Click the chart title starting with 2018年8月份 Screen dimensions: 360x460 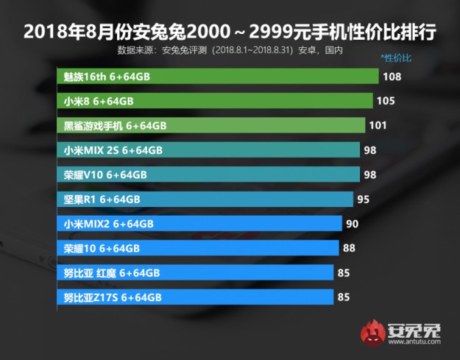click(230, 32)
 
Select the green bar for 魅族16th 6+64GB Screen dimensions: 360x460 click(218, 76)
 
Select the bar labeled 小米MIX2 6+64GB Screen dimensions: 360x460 click(199, 224)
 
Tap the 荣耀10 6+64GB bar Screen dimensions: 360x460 click(197, 248)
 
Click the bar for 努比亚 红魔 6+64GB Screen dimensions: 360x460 click(195, 272)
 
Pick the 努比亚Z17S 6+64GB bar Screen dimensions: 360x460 click(195, 297)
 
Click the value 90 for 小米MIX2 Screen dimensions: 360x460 click(353, 224)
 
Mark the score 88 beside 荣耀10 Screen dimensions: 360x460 click(349, 248)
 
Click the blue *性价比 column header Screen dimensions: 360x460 click(396, 57)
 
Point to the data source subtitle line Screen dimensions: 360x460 click(230, 51)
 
